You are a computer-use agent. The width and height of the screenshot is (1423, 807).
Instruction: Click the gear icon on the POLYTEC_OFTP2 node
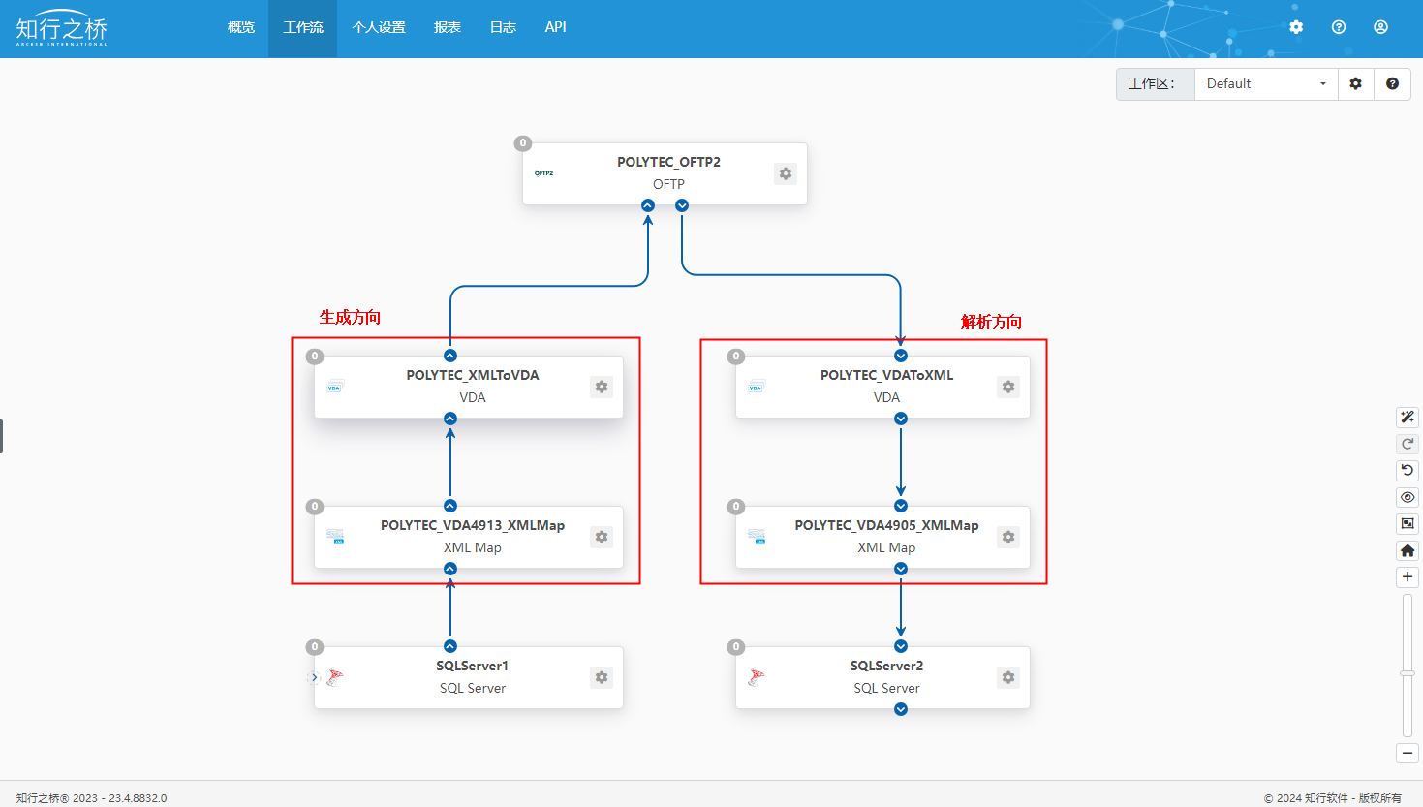786,173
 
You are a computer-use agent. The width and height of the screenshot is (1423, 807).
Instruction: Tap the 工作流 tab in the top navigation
303,27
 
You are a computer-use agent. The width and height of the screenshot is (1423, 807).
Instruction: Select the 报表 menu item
448,27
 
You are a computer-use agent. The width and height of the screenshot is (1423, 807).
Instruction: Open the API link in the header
555,27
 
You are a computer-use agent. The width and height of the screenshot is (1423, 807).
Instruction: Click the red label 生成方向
350,317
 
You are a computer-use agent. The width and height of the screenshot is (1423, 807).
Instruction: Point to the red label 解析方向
991,323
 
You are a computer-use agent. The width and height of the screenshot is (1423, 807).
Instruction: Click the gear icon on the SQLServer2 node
1008,677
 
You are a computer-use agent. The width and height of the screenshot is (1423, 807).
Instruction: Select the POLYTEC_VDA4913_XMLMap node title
473,525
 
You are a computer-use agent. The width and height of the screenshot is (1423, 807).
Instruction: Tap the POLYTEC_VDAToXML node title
887,376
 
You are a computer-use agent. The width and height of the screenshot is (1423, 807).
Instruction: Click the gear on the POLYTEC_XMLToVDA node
601,387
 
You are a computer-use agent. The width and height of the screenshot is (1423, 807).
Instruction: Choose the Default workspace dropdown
1266,84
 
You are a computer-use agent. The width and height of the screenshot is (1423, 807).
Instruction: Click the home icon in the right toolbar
1408,550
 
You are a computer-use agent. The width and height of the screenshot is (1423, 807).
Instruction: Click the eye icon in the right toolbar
1408,498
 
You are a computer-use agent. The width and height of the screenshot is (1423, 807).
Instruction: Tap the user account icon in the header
1380,27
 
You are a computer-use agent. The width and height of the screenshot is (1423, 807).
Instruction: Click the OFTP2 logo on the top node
543,172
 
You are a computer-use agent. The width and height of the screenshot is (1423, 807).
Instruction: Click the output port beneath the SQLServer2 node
900,709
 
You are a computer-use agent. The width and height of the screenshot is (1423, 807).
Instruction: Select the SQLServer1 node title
472,666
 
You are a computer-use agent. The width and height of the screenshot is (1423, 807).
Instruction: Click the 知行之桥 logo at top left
62,28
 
